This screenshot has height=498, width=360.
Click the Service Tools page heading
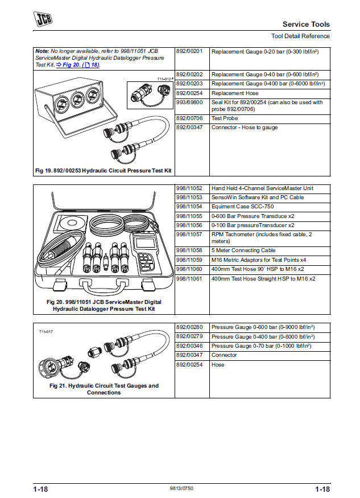click(306, 24)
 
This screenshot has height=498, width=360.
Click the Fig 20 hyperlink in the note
click(75, 65)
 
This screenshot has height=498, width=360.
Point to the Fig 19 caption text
click(103, 171)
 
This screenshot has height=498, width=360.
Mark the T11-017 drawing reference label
click(45, 332)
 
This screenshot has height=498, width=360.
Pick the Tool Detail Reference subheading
click(300, 36)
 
